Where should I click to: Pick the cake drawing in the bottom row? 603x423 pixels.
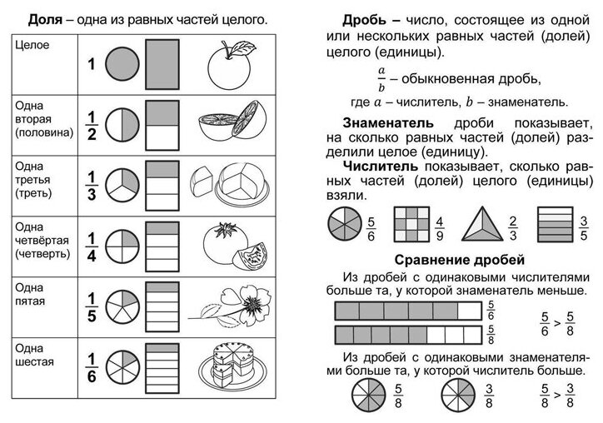point(228,364)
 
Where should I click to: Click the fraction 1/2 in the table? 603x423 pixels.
point(93,124)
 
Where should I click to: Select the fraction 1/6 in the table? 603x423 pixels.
point(93,366)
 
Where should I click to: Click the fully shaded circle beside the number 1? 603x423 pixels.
point(126,64)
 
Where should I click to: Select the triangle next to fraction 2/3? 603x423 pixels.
point(478,224)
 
